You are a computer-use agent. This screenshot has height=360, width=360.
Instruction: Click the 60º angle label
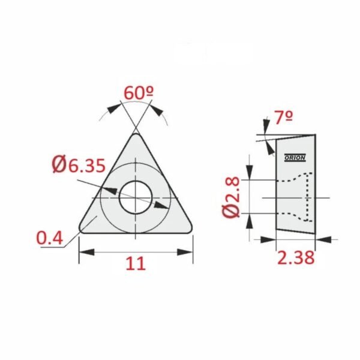pos(139,93)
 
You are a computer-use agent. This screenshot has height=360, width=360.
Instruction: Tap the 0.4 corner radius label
pos(50,238)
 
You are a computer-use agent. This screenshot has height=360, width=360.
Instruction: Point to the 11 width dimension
pos(136,263)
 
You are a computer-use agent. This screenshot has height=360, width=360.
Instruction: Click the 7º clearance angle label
pos(284,118)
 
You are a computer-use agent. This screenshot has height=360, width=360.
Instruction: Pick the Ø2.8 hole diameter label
pos(231,197)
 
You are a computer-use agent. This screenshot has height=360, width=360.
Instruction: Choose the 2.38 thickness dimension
pos(296,257)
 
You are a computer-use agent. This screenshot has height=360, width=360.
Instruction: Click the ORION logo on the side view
pos(295,157)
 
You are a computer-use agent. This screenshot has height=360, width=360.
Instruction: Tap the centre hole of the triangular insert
pos(136,197)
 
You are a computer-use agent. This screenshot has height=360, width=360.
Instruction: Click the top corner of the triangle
pos(136,134)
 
